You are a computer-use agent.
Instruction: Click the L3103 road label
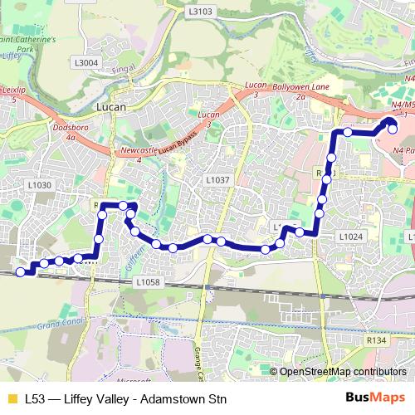pyautogui.click(x=201, y=12)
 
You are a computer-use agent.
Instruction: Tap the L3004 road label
pyautogui.click(x=85, y=62)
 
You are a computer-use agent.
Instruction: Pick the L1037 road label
pyautogui.click(x=217, y=179)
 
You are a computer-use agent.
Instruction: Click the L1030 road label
pyautogui.click(x=39, y=185)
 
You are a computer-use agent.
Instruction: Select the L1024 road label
pyautogui.click(x=351, y=237)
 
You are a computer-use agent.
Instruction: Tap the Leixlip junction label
pyautogui.click(x=10, y=95)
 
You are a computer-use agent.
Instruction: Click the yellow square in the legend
pyautogui.click(x=11, y=398)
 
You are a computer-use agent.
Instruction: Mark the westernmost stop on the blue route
pyautogui.click(x=21, y=271)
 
